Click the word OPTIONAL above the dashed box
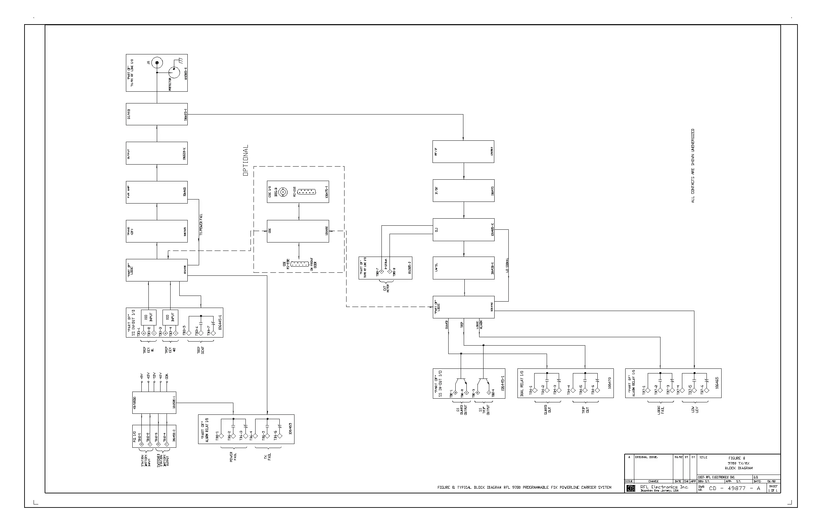click(x=245, y=160)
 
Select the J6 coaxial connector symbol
click(x=157, y=62)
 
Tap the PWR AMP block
click(x=156, y=192)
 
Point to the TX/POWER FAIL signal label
click(x=201, y=225)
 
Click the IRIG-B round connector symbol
click(x=283, y=192)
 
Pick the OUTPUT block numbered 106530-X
click(x=156, y=153)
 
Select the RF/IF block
click(x=463, y=151)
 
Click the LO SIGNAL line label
click(x=507, y=265)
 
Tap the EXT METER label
click(x=386, y=288)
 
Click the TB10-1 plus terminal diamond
click(x=141, y=444)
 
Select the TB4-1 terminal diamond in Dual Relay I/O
click(x=534, y=390)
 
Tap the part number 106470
click(x=609, y=383)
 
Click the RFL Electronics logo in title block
click(x=631, y=488)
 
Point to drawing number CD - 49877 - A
click(x=734, y=488)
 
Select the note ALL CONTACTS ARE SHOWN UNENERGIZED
click(x=692, y=166)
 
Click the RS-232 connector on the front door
click(x=300, y=264)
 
